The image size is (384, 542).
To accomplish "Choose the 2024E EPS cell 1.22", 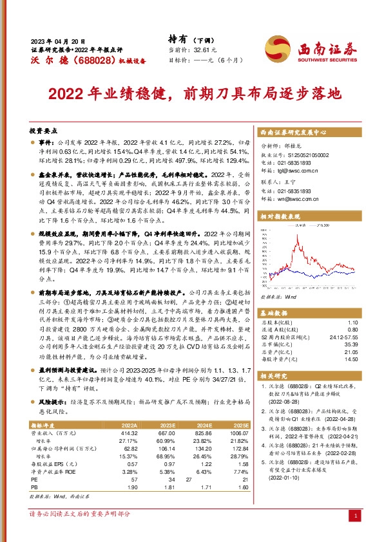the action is (203, 464).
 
